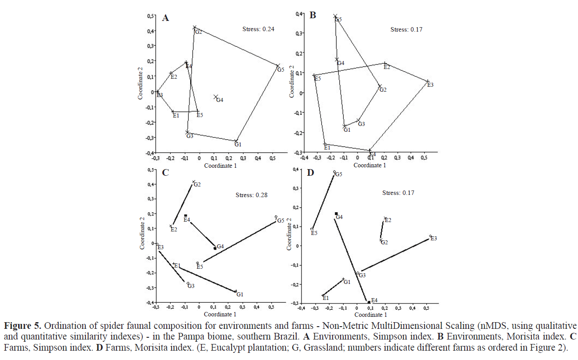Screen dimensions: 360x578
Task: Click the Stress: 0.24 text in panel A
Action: point(258,29)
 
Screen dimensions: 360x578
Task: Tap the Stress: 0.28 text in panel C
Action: point(251,195)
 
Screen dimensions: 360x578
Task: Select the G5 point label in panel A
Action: point(280,70)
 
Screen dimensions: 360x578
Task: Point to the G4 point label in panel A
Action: point(220,100)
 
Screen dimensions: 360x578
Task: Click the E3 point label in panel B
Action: point(430,85)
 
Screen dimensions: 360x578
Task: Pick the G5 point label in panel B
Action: point(338,20)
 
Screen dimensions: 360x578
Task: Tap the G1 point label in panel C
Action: point(240,295)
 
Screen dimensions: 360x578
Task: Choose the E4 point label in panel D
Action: point(374,300)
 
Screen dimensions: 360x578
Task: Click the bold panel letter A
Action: point(165,18)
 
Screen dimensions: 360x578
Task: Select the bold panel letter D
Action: point(311,172)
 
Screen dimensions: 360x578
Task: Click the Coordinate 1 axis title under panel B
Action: point(369,165)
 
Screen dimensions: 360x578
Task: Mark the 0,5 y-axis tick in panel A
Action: point(151,16)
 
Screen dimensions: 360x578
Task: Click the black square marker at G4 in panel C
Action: point(215,248)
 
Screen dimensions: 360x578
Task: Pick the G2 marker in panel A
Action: point(194,28)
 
